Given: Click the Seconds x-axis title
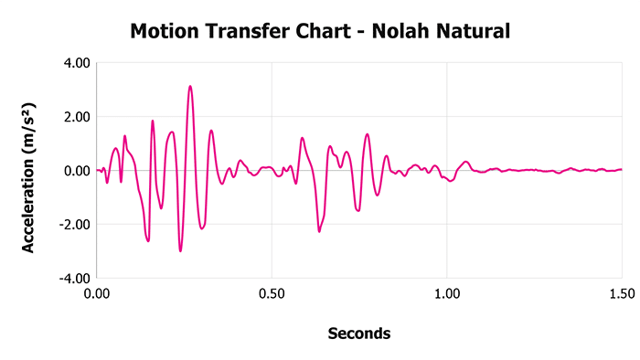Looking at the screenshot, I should click(359, 334).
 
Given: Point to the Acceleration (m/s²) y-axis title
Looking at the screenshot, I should click(28, 170).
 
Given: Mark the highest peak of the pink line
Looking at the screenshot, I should click(190, 87).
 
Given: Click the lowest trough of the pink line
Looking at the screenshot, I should click(181, 250).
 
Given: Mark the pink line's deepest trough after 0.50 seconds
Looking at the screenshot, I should click(319, 231).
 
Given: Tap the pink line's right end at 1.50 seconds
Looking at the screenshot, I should click(621, 169).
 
